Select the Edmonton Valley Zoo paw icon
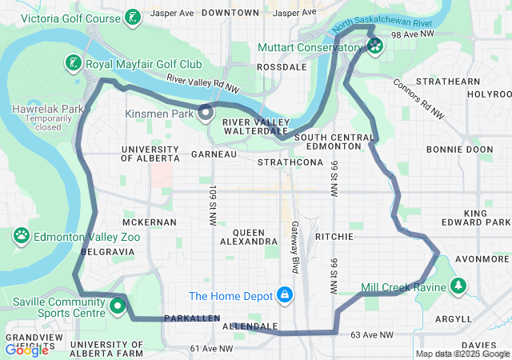coord(21,237)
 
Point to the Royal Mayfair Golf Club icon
coord(73,62)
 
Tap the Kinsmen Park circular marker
coord(205,113)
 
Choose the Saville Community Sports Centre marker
coord(118,305)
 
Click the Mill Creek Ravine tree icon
coord(458,286)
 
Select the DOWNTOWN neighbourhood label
coord(230,13)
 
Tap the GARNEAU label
coord(214,154)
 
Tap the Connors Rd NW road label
coord(418,99)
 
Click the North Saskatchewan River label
coord(373,26)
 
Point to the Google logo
coord(26,350)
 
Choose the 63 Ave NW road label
coord(373,334)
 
